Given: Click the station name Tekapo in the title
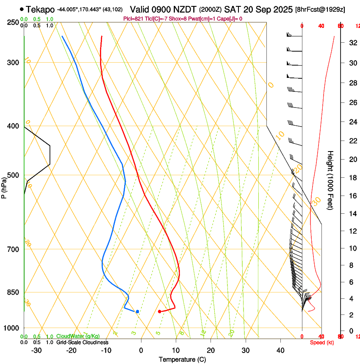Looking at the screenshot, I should click(x=40, y=9).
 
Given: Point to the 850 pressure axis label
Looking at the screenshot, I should click(x=13, y=292).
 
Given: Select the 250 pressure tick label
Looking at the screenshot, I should click(x=13, y=22).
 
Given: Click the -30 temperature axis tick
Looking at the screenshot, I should click(x=36, y=350).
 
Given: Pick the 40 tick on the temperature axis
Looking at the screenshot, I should click(x=280, y=350).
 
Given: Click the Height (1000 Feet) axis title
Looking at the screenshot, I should click(x=330, y=180).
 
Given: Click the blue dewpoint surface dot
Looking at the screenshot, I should click(x=137, y=312).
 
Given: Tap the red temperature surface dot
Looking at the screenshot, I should click(x=159, y=312).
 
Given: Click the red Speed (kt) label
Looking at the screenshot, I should click(x=322, y=342).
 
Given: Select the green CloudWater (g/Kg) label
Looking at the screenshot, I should click(x=78, y=336).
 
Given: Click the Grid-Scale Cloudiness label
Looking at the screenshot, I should click(x=82, y=342).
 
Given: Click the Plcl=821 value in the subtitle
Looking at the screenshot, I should click(x=133, y=19).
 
